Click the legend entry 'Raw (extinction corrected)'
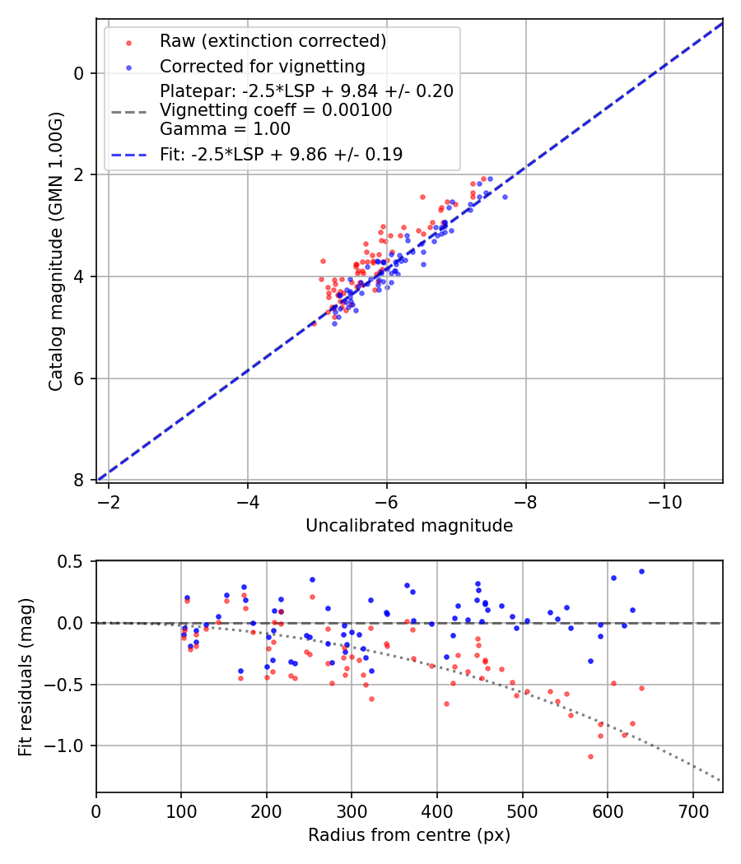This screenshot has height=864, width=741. [x=273, y=41]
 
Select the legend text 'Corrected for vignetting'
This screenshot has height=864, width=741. [x=263, y=66]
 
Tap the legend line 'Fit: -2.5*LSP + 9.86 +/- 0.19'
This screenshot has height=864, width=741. [x=281, y=155]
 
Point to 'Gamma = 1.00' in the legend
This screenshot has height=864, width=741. [x=225, y=128]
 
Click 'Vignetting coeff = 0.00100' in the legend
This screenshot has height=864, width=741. [x=276, y=109]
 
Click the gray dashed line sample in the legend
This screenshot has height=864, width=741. [x=128, y=110]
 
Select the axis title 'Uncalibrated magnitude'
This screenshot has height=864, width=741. [x=409, y=526]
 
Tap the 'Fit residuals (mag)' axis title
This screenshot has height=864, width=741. [x=25, y=676]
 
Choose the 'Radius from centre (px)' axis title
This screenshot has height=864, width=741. [x=409, y=836]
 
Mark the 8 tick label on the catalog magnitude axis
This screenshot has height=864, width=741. [x=79, y=480]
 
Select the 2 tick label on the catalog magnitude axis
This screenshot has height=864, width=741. [x=79, y=174]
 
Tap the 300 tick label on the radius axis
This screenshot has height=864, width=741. [x=352, y=811]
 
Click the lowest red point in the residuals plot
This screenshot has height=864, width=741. [x=590, y=756]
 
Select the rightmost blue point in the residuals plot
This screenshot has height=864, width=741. [x=641, y=571]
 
